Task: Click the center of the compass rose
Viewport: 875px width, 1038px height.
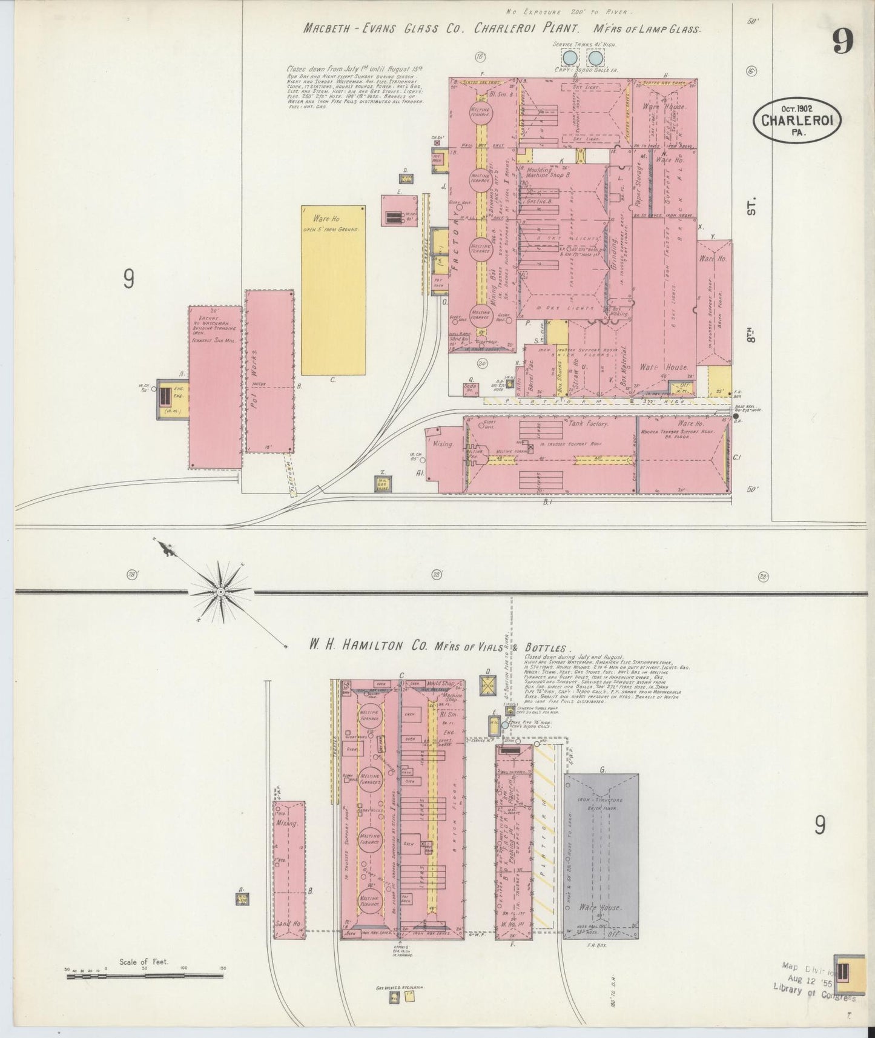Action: (x=221, y=590)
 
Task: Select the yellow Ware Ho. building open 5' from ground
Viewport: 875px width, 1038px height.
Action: (x=333, y=291)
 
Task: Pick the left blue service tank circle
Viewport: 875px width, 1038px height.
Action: (x=569, y=58)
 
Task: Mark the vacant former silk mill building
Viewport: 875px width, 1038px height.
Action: (x=215, y=388)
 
